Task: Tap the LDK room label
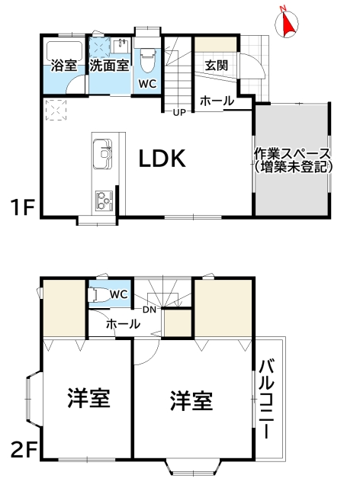[162, 159]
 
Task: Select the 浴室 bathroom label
[64, 66]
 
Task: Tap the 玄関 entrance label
[216, 66]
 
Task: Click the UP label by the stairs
[179, 113]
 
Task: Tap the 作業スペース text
[292, 152]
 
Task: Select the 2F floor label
[23, 450]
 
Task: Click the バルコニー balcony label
[268, 397]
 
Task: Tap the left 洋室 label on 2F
[88, 398]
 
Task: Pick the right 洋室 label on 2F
[191, 400]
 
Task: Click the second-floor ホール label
[123, 324]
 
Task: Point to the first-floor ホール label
[217, 101]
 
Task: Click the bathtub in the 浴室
[64, 51]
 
